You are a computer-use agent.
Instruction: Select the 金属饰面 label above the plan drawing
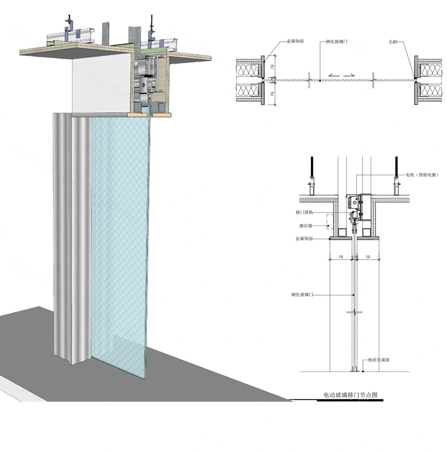pyautogui.click(x=295, y=41)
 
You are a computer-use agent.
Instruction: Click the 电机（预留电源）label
pyautogui.click(x=422, y=175)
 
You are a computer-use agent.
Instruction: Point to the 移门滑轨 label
pyautogui.click(x=304, y=212)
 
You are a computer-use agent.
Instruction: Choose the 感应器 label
pyautogui.click(x=305, y=226)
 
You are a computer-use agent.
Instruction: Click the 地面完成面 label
pyautogui.click(x=379, y=360)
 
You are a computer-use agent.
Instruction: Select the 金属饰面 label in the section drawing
pyautogui.click(x=304, y=239)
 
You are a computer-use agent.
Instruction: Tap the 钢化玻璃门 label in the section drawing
pyautogui.click(x=302, y=295)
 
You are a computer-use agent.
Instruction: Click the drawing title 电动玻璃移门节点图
pyautogui.click(x=350, y=395)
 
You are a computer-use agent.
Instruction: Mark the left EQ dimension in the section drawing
pyautogui.click(x=341, y=257)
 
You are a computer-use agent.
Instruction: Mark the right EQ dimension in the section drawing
pyautogui.click(x=368, y=257)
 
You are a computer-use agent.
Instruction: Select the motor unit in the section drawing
pyautogui.click(x=353, y=201)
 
